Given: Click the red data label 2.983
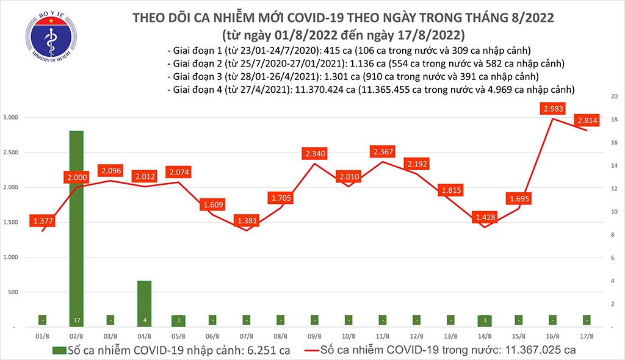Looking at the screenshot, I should click(x=552, y=109).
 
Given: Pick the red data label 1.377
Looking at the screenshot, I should click(x=43, y=220).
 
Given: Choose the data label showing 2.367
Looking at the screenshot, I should click(x=382, y=151).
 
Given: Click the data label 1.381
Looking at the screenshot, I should click(x=245, y=220).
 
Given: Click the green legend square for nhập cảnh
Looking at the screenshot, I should click(x=59, y=350).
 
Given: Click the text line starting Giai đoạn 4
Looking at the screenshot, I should click(x=371, y=90).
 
